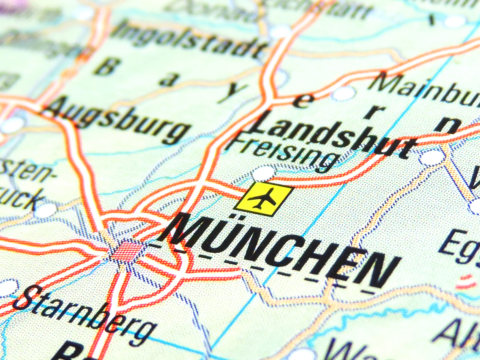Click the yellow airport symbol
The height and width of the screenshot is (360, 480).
263,199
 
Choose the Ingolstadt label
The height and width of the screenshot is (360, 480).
188,38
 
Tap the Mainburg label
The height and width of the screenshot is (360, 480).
424,90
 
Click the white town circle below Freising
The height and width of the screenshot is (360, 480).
263,173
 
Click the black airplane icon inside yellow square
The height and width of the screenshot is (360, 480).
262,198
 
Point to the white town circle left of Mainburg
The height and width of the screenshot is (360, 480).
343,94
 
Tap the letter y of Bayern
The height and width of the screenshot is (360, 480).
228,94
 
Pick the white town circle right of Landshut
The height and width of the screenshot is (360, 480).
431,157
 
